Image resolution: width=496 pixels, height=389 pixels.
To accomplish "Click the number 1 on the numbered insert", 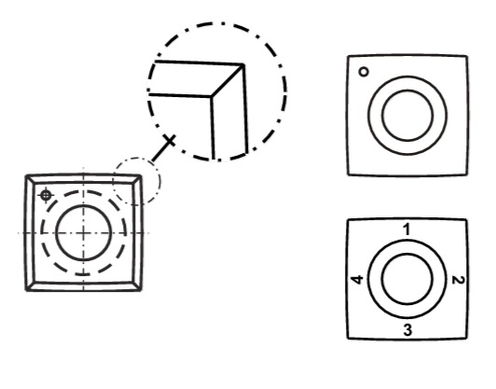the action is tap(407, 229).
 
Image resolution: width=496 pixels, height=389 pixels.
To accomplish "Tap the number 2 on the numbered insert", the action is tap(459, 280).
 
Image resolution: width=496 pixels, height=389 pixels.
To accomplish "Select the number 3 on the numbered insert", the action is tap(407, 330).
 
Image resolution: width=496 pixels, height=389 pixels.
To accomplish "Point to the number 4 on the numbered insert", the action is tap(357, 280).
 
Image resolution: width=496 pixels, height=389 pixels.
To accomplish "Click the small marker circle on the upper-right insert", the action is tap(364, 72).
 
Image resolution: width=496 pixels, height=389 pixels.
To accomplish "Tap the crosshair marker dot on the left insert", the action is tap(46, 195).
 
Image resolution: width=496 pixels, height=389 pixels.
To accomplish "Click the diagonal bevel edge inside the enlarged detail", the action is tap(227, 80).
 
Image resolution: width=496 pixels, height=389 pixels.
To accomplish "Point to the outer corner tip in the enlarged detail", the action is tap(243, 65).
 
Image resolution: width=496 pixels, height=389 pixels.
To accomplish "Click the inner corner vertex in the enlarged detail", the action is tap(212, 95).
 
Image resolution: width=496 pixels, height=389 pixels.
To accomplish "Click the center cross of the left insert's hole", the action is tap(83, 233).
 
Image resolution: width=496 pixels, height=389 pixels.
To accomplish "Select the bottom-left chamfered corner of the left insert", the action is tap(30, 286).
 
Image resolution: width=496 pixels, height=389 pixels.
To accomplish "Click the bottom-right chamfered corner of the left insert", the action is tap(137, 286).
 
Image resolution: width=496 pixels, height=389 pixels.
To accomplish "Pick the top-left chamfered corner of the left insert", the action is tap(30, 179).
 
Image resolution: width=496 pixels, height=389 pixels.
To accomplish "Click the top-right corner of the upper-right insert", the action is tap(467, 56).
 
